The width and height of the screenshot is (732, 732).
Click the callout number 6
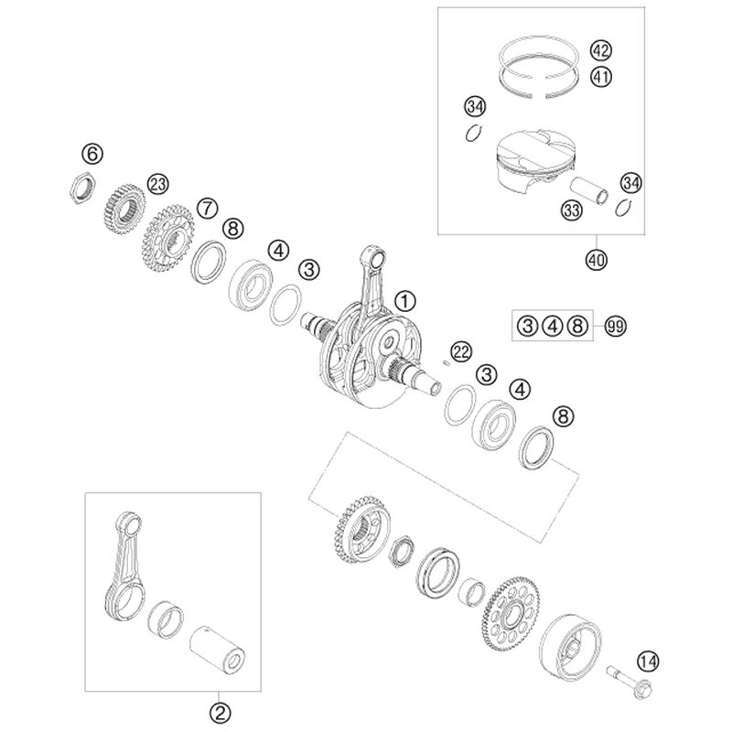[x=92, y=153]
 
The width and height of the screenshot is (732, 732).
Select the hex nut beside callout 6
[x=83, y=188]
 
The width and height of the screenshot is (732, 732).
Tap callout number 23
[x=157, y=185]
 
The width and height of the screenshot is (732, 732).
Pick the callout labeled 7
[x=208, y=208]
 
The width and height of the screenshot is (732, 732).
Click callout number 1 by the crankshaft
[x=404, y=301]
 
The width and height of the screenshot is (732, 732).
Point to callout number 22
[x=461, y=352]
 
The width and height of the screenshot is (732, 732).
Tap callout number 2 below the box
[x=220, y=713]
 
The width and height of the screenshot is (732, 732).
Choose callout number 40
[x=597, y=259]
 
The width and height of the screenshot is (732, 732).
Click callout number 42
[x=601, y=50]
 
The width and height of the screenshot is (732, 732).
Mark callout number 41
[x=601, y=77]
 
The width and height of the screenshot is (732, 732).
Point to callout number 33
[x=571, y=210]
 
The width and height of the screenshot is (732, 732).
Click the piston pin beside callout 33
[x=590, y=191]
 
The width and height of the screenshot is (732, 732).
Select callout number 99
[x=615, y=326]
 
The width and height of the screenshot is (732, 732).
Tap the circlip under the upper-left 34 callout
[x=474, y=134]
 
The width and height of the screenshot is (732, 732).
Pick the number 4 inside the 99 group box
[x=553, y=326]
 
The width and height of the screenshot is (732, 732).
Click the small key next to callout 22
[x=446, y=364]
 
